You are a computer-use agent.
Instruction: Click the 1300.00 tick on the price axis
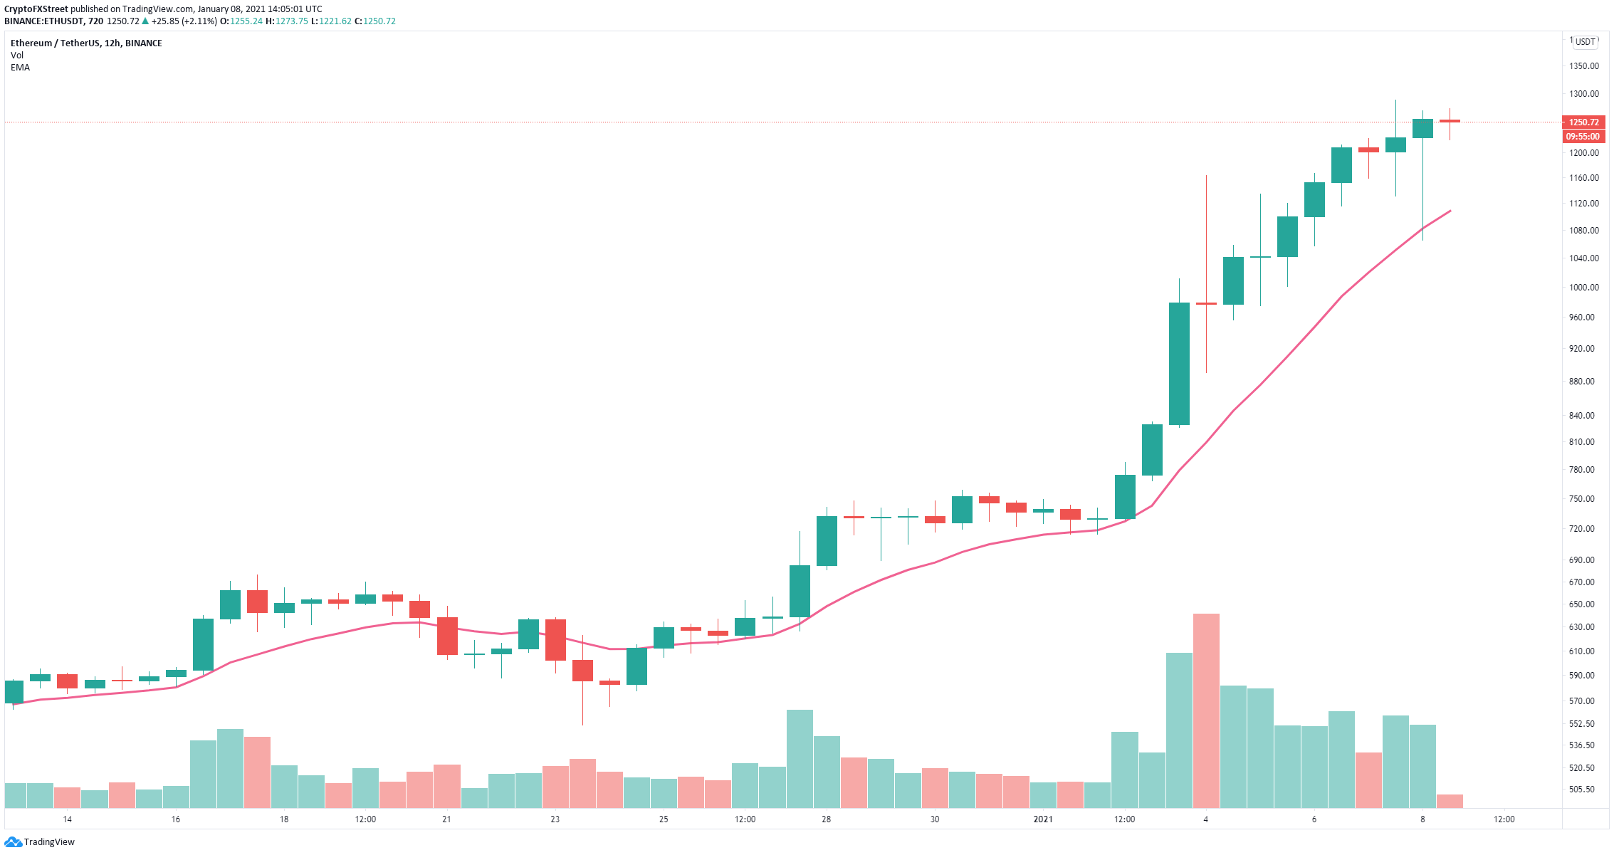pos(1583,94)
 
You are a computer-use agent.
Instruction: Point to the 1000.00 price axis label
pos(1583,288)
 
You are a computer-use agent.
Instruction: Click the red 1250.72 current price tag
pos(1583,122)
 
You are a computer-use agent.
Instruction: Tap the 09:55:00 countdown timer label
pos(1583,137)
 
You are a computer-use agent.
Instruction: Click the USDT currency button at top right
pos(1586,42)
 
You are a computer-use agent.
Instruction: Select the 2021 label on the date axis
pos(1043,819)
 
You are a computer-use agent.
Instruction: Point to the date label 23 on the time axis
pos(555,819)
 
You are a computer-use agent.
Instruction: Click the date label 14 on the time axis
pos(67,819)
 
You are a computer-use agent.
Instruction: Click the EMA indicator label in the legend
pos(20,68)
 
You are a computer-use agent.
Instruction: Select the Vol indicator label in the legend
pos(17,56)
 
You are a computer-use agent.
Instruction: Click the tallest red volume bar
pos(1206,710)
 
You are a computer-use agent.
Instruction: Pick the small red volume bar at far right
pos(1450,801)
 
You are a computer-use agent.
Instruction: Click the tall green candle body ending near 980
pos(1179,364)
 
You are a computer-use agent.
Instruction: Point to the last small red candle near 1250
pos(1450,121)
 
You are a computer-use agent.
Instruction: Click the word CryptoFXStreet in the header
pos(36,9)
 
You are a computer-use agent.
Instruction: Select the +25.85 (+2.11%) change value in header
pos(184,21)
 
